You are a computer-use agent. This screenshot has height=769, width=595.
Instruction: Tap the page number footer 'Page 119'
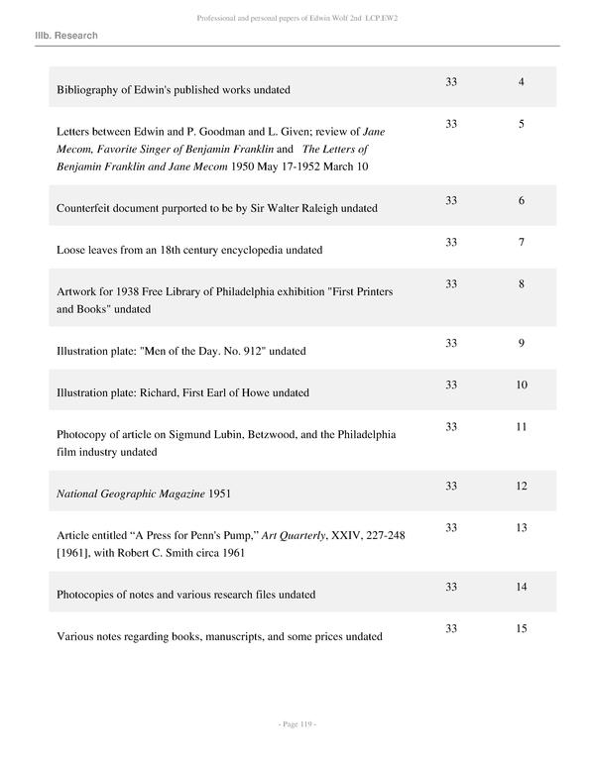click(x=297, y=725)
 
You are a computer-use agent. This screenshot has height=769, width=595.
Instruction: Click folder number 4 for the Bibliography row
click(x=521, y=80)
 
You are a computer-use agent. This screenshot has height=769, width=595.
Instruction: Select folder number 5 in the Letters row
click(x=521, y=124)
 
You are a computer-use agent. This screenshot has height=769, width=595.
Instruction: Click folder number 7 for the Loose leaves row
click(x=521, y=243)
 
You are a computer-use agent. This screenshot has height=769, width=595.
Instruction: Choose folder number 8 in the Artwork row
click(x=521, y=284)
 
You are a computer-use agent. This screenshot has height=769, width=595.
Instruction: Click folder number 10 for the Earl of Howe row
click(x=521, y=385)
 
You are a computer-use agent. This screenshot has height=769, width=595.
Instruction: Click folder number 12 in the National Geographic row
click(x=521, y=487)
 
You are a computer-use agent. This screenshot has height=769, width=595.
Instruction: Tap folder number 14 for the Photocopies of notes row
click(x=521, y=588)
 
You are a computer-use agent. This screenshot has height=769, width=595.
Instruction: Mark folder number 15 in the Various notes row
click(x=521, y=629)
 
